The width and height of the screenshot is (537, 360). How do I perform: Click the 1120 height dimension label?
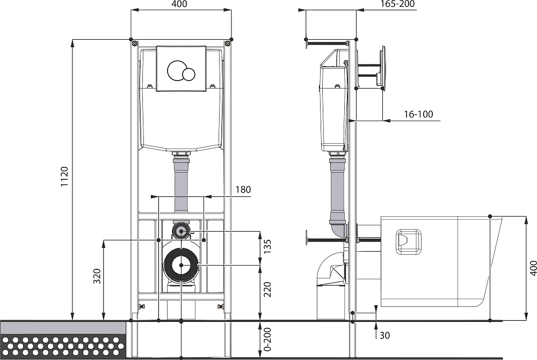tap(65, 177)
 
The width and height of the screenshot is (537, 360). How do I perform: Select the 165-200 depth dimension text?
tap(397, 4)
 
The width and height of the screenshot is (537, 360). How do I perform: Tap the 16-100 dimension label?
tap(418, 114)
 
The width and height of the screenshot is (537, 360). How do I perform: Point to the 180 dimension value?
tap(243, 189)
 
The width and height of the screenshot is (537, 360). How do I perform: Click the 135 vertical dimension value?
tap(267, 246)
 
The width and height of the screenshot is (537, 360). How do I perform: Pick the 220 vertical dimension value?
tap(267, 290)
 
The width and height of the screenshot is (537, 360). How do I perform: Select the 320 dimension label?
tap(97, 276)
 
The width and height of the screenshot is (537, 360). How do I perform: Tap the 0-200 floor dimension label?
tap(267, 340)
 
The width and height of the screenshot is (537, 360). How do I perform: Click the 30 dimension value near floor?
tap(384, 335)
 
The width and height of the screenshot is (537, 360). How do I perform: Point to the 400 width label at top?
tap(179, 4)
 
